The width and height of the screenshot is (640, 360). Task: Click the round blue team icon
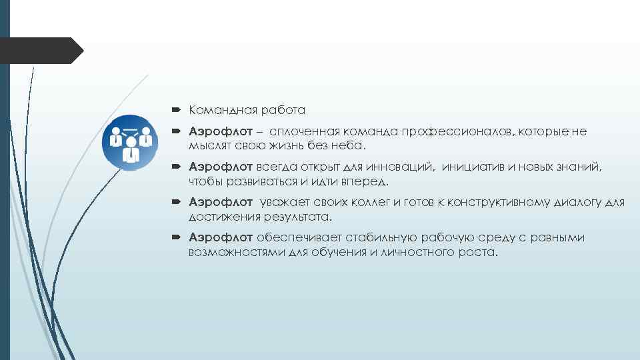(x=131, y=143)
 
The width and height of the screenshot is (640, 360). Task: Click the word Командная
(x=219, y=109)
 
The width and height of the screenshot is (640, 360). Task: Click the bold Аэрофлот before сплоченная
(x=221, y=131)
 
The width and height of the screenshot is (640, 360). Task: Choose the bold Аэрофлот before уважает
(x=221, y=202)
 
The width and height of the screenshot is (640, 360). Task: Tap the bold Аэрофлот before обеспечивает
(x=221, y=237)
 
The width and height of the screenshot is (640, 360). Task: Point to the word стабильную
(x=381, y=237)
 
